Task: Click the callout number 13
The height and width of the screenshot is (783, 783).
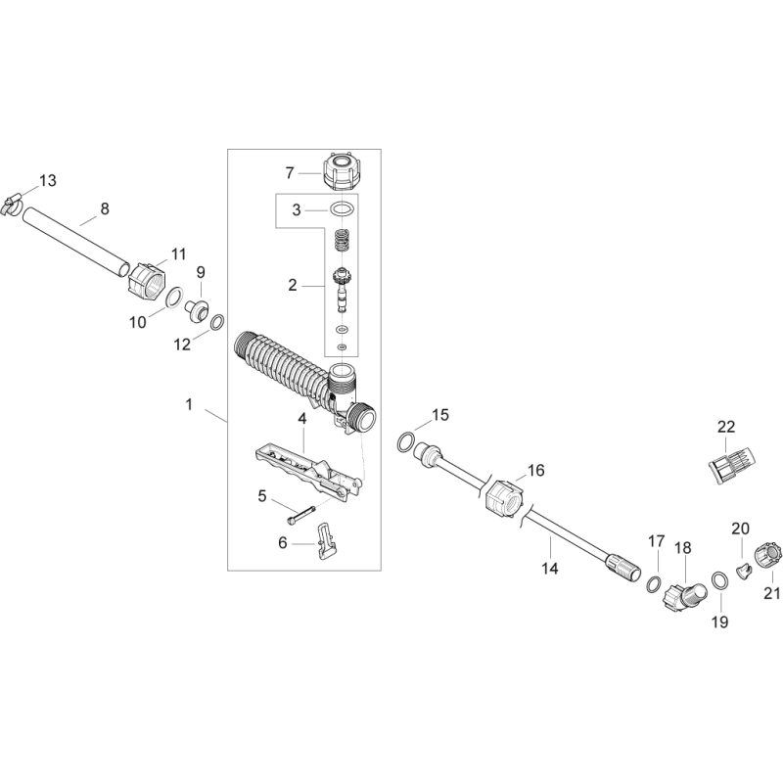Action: (48, 180)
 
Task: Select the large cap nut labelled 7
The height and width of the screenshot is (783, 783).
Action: (337, 172)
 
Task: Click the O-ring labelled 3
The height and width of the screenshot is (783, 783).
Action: (340, 209)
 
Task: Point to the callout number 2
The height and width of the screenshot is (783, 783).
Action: (292, 286)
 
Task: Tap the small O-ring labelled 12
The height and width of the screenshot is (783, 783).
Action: (217, 320)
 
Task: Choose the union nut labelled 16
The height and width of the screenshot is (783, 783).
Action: (502, 494)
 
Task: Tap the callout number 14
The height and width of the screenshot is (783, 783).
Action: (549, 569)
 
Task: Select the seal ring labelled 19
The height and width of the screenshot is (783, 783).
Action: (718, 579)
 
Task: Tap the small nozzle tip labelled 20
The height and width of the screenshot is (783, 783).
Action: (741, 568)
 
